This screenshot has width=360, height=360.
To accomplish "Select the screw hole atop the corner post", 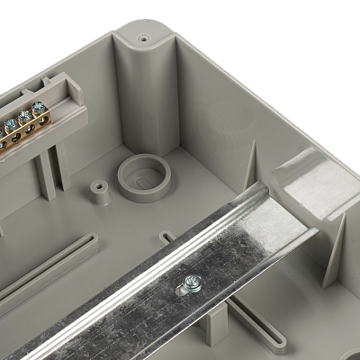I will coord(143,40).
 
